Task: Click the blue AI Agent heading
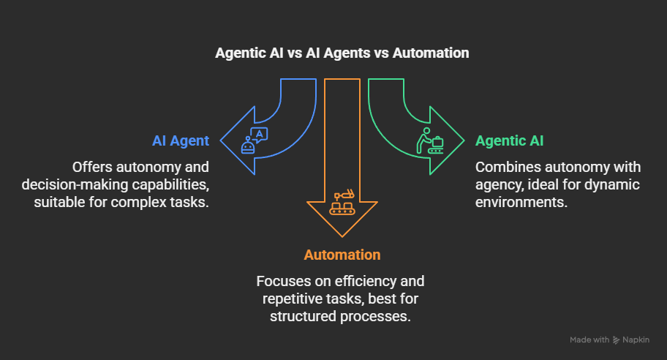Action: (181, 140)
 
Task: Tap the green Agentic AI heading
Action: (509, 140)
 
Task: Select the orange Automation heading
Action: (342, 255)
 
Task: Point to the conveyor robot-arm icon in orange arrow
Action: (342, 202)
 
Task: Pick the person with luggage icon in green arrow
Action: (430, 140)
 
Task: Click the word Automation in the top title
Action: (431, 53)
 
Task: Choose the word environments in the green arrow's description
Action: (521, 202)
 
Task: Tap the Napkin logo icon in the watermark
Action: (616, 340)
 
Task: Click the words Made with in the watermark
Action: (589, 340)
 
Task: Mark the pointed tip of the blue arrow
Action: (220, 140)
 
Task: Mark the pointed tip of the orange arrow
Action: (342, 237)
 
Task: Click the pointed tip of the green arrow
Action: (464, 140)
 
